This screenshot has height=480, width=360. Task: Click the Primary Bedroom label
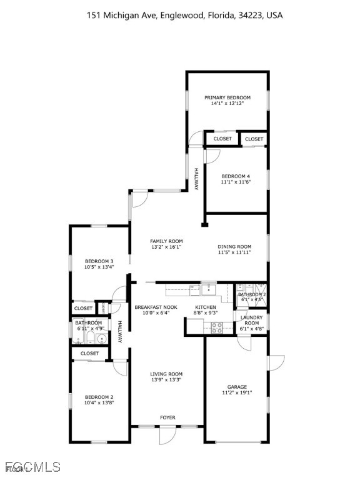point(227,97)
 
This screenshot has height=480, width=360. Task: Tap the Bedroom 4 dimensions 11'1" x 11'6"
point(235,182)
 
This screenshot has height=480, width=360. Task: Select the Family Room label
point(166,241)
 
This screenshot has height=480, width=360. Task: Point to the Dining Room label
point(234,246)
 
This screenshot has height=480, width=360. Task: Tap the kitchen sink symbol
point(206,289)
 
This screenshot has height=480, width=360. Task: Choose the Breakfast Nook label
point(156,307)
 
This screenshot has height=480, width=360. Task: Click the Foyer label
point(167,417)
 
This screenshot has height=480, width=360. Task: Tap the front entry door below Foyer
point(167,433)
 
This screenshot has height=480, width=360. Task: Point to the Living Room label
point(166,374)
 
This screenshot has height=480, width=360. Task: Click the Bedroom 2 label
point(99,397)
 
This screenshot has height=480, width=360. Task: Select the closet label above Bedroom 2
point(89,353)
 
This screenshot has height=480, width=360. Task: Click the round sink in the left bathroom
point(102,338)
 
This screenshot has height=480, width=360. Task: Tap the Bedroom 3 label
point(99,261)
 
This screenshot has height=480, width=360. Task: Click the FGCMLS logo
point(31,466)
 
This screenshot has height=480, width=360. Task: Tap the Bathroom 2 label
point(252,294)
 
